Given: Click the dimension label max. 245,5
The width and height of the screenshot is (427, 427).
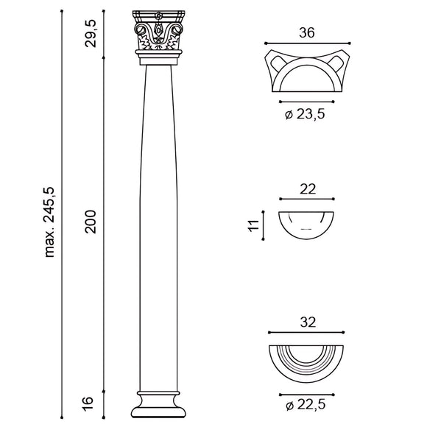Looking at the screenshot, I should [x=51, y=222].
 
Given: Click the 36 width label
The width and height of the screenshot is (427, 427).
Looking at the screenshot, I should [x=307, y=32].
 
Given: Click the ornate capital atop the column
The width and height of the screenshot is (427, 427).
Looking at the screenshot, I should [x=158, y=33].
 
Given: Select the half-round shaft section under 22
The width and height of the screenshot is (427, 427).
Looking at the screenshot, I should [x=307, y=223].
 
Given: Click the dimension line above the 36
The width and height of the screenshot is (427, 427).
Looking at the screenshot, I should [x=307, y=43].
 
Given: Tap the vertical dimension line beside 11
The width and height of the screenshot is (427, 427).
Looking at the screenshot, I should [x=264, y=224].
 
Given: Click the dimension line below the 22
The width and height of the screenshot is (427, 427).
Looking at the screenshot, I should [x=307, y=199].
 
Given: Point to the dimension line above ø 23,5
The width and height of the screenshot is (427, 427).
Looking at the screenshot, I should [x=307, y=101].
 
